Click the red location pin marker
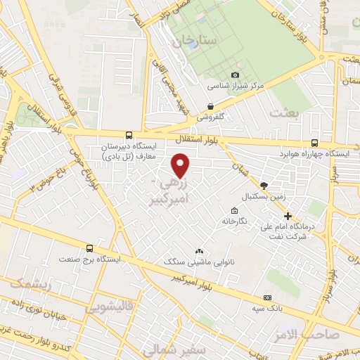(181, 166)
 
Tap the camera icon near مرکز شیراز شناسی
(235, 75)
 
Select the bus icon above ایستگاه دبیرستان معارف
(128, 135)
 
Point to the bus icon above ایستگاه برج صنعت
(89, 248)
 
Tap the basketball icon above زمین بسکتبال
(264, 186)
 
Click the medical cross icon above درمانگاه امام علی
(288, 216)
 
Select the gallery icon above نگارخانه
(234, 210)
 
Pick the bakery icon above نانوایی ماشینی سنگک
(200, 251)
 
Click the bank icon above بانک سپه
(267, 297)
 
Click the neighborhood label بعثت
(285, 112)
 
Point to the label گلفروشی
(210, 117)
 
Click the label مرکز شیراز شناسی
(235, 86)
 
